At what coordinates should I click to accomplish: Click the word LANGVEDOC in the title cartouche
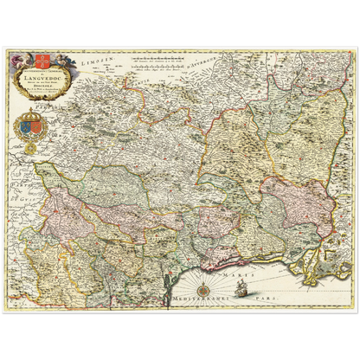(42, 79)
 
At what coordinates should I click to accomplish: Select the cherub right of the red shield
(56, 61)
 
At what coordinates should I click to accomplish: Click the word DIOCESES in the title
(42, 90)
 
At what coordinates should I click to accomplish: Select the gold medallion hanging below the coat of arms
(32, 148)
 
